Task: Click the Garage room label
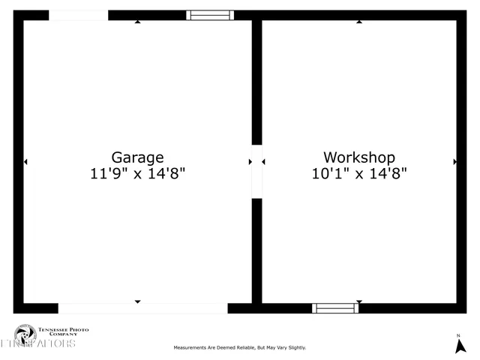(x=137, y=157)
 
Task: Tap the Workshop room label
(x=358, y=157)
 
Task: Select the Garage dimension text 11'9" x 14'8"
(x=137, y=173)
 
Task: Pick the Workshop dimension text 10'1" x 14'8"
(x=359, y=173)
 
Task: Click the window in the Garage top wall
(x=210, y=15)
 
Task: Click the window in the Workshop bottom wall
(x=335, y=307)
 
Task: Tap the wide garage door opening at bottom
(x=142, y=308)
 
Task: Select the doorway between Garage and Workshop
(x=256, y=172)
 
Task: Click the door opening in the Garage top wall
(x=78, y=15)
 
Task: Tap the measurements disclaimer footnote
(x=240, y=347)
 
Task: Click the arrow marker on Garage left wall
(x=25, y=161)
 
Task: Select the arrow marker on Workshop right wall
(x=454, y=161)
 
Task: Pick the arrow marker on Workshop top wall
(x=359, y=21)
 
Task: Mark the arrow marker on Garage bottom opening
(x=137, y=301)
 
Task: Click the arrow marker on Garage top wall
(x=137, y=21)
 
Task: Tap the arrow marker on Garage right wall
(x=250, y=161)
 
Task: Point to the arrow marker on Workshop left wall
(x=264, y=161)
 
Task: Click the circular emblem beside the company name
(x=25, y=332)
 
